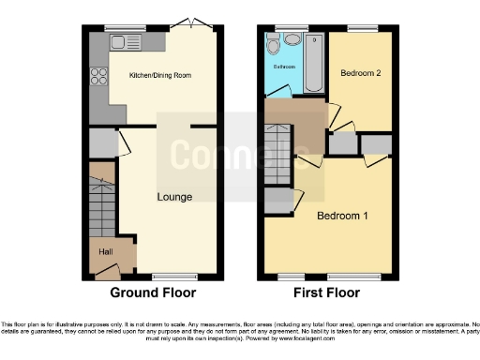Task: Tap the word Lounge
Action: point(175,197)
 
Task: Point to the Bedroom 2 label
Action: point(361,72)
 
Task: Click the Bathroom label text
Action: point(284,67)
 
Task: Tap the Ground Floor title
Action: point(154,292)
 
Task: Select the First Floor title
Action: point(327,292)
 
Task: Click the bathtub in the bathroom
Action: point(313,62)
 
